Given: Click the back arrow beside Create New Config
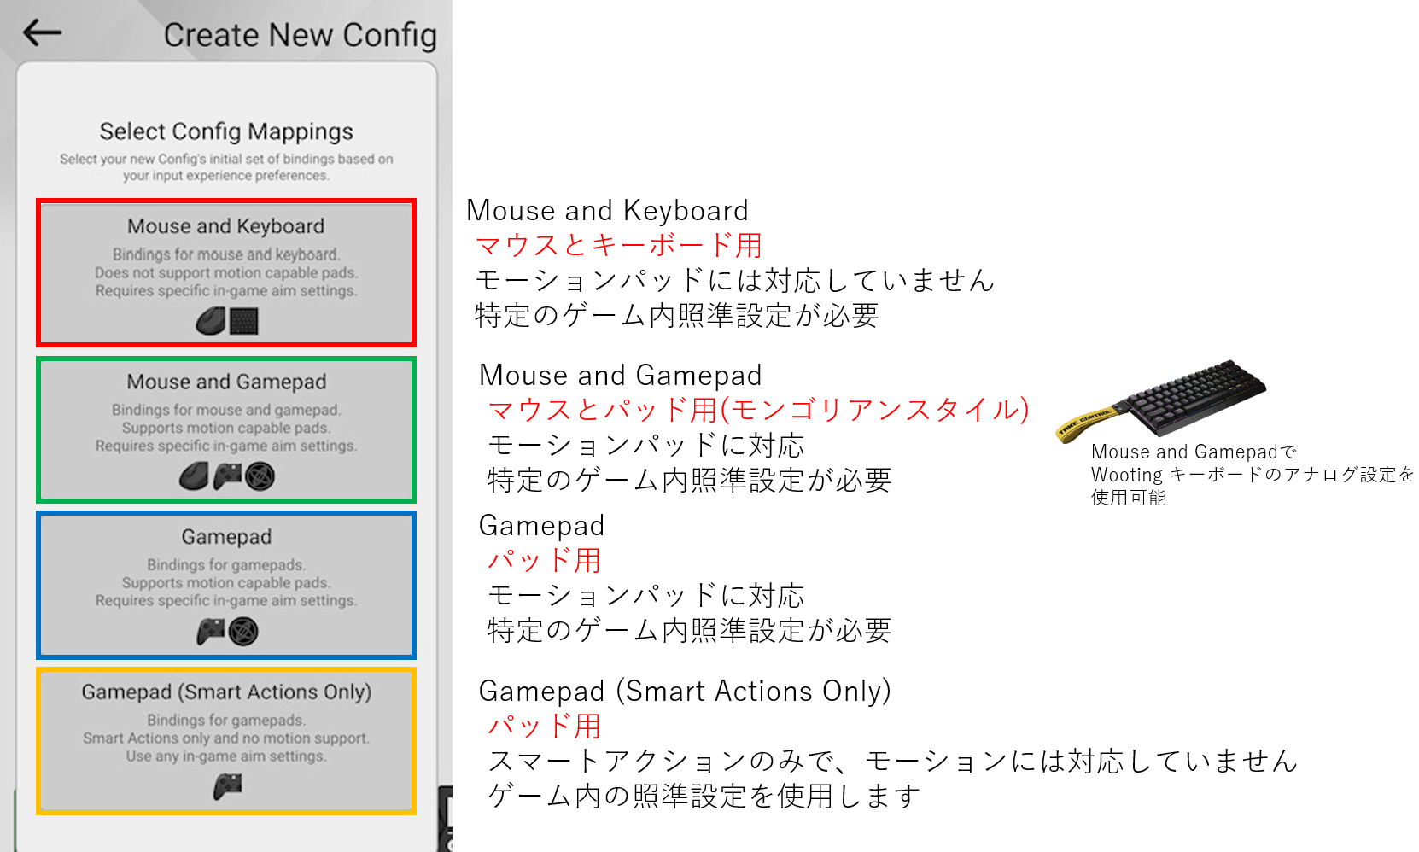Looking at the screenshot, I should [42, 33].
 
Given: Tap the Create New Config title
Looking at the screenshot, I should [300, 35].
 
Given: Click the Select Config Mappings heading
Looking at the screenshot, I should [226, 131].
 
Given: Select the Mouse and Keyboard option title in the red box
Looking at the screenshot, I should [226, 226].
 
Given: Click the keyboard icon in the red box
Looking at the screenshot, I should [243, 321].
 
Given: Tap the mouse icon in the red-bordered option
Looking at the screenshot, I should [210, 321].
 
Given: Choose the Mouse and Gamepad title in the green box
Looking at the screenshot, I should [226, 382].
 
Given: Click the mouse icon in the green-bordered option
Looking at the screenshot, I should [194, 476].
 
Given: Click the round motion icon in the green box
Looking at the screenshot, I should [260, 476].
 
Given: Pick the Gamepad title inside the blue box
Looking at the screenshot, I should [226, 537].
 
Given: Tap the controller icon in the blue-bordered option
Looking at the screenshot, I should [210, 632].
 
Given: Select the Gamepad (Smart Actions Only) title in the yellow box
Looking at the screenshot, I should [226, 692].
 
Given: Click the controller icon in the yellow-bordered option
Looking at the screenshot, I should [227, 786].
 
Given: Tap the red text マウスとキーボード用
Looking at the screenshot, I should [618, 246].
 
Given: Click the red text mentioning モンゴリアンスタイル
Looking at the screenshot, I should [757, 411].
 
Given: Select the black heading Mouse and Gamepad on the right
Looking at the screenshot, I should [620, 376].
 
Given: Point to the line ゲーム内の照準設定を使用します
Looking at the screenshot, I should [704, 797].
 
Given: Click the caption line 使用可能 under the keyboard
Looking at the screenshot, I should [1128, 498].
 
